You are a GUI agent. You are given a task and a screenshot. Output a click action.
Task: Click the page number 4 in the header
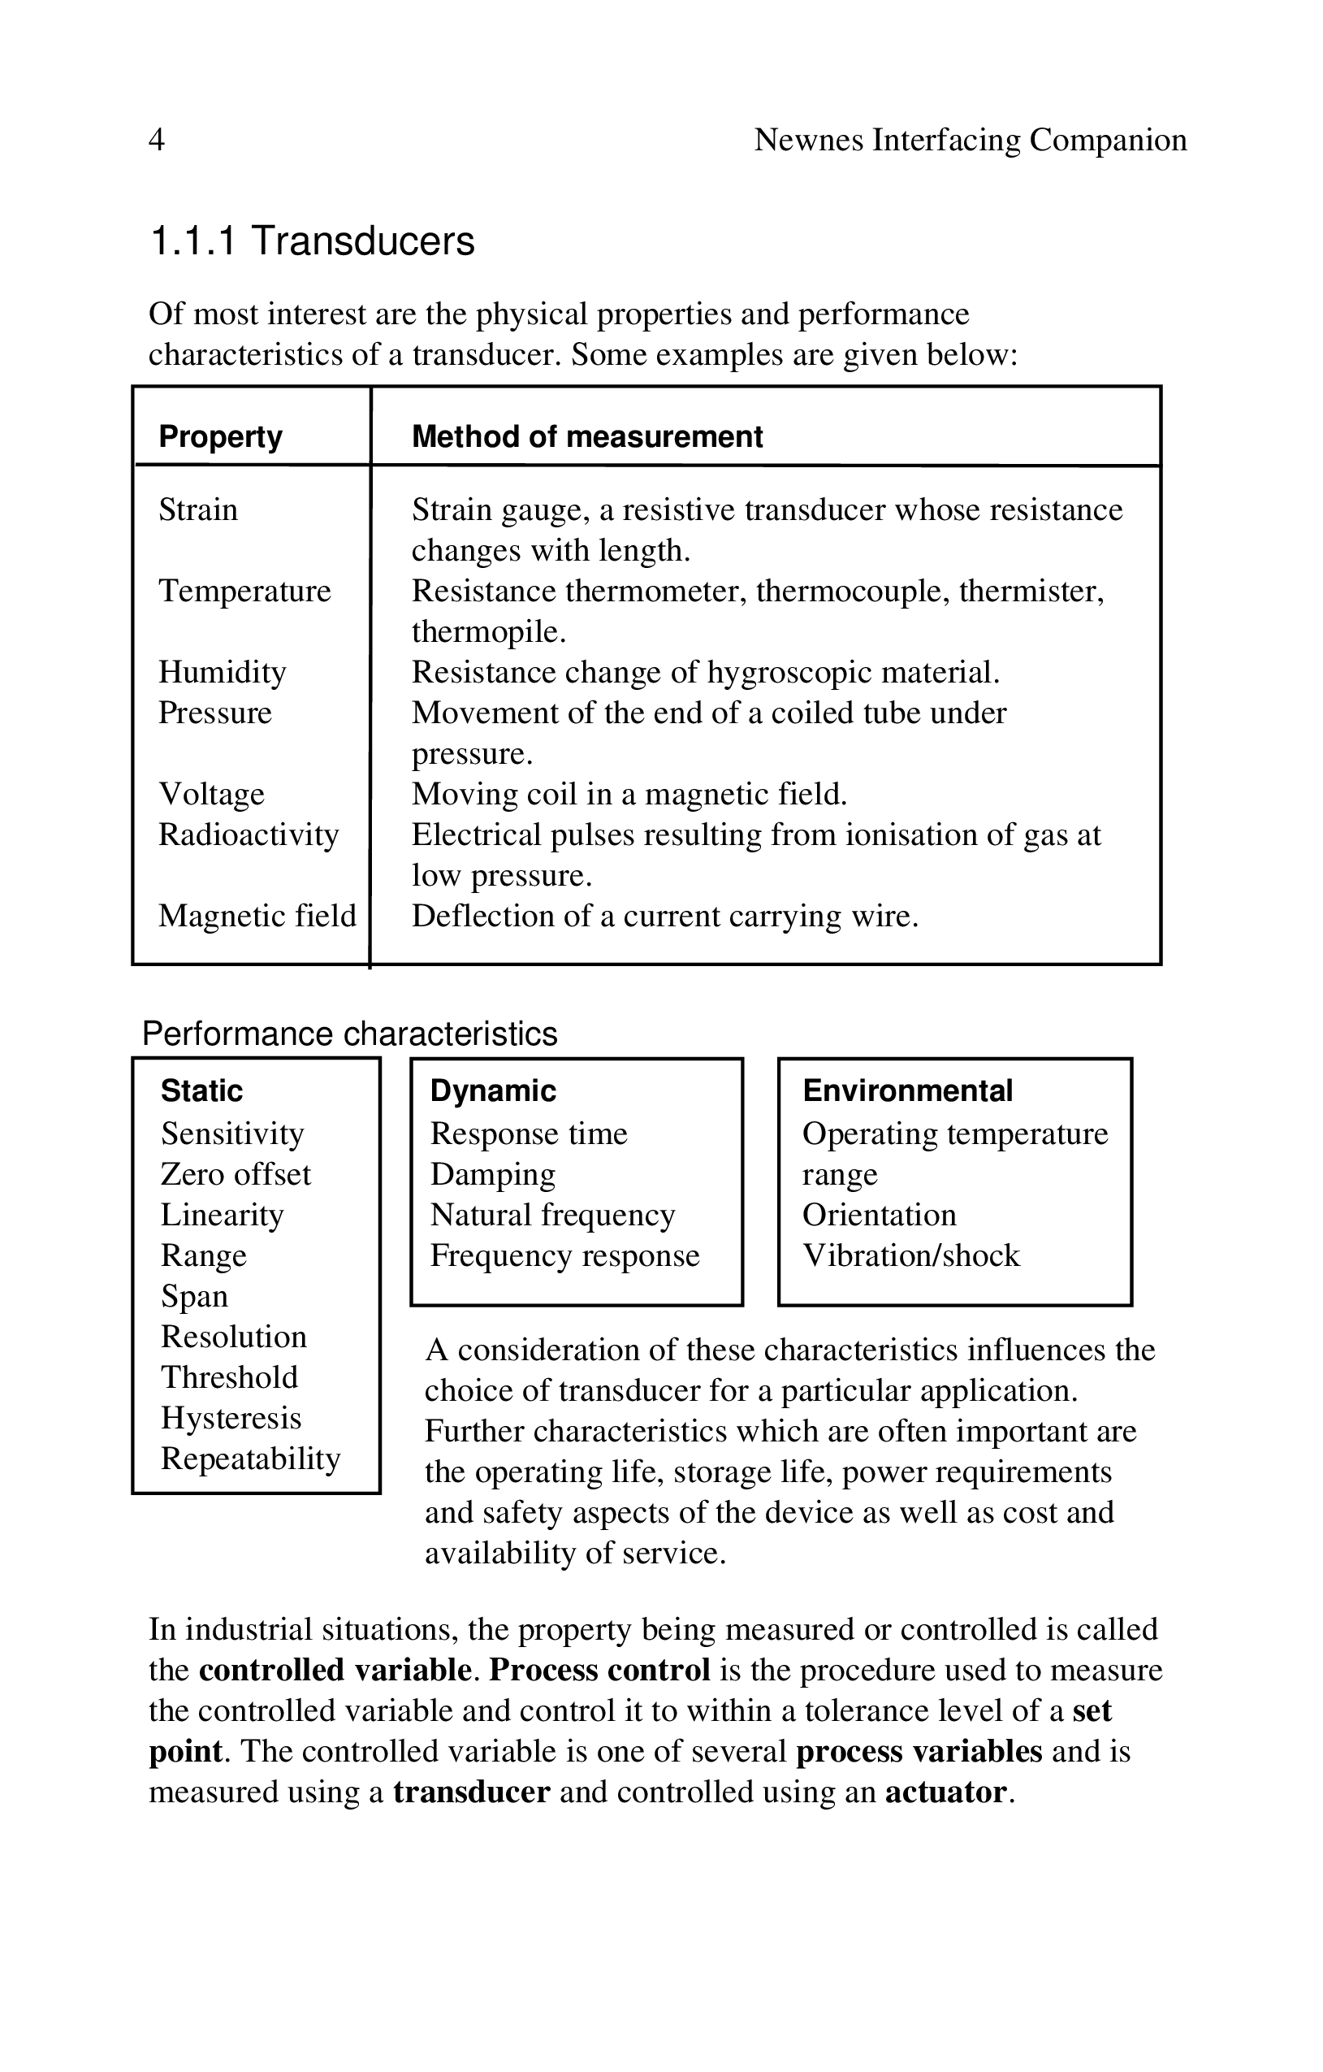pos(157,140)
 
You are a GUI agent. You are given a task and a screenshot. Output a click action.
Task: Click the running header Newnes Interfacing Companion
pos(970,140)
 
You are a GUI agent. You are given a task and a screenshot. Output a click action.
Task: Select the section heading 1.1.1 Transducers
pos(312,241)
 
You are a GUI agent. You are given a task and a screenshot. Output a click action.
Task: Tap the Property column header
pos(220,436)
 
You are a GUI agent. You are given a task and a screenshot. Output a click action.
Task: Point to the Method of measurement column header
pos(586,436)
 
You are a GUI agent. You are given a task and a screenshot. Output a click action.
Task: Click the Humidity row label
pos(222,672)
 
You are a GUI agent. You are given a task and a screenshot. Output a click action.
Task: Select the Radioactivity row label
pos(249,834)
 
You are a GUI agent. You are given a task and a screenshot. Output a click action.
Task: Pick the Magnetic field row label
pos(257,916)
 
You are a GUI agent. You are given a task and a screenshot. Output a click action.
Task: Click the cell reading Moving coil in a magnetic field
pos(629,794)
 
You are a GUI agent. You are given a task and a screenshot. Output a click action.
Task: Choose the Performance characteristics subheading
pos(349,1034)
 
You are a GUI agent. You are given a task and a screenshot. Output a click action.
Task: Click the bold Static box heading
pos(201,1090)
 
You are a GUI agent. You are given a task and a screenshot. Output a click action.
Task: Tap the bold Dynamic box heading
pos(493,1090)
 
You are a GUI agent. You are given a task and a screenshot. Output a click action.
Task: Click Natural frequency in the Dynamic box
pos(552,1215)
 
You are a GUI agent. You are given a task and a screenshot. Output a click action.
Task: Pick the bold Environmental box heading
pos(907,1090)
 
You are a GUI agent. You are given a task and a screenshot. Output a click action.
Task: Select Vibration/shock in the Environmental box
pos(911,1255)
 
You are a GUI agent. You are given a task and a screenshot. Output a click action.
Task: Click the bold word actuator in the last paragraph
pos(945,1792)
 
